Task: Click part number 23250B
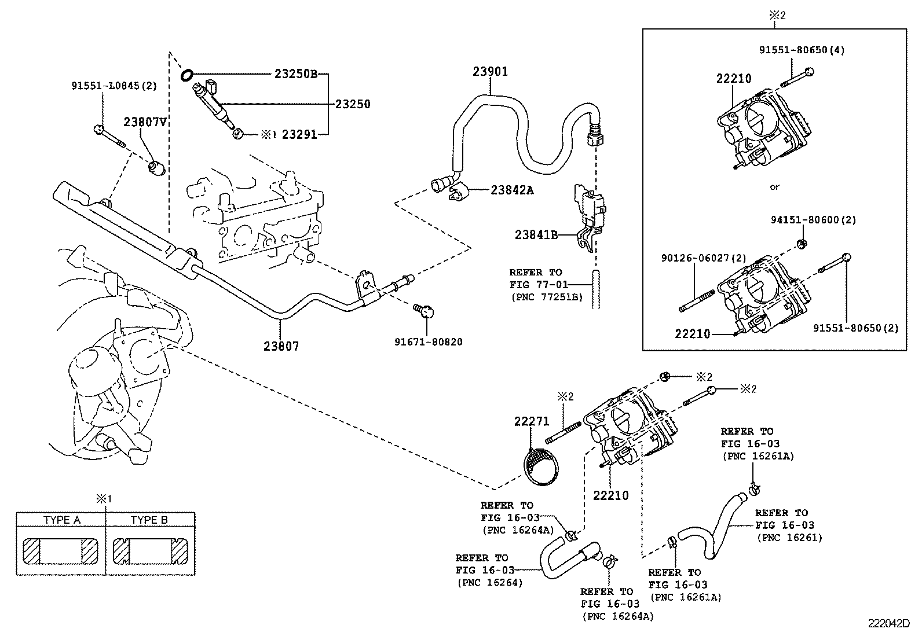coord(296,74)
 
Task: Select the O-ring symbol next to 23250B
coord(187,75)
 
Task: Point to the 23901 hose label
coord(490,72)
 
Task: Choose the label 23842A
coord(512,189)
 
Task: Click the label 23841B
coord(536,234)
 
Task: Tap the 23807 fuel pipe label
coord(281,346)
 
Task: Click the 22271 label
coord(531,422)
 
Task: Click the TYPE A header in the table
coord(61,520)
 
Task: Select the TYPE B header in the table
coord(149,520)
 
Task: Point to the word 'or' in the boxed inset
coord(774,187)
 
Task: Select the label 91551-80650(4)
coord(802,50)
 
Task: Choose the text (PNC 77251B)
coord(546,297)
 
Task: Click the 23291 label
coord(299,134)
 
